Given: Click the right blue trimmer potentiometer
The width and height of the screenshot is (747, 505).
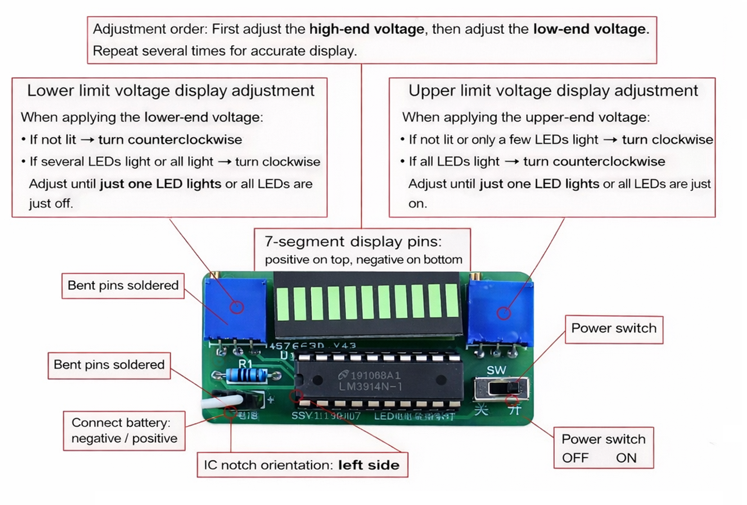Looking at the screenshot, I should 500,313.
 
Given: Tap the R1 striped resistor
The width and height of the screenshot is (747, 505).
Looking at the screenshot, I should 247,376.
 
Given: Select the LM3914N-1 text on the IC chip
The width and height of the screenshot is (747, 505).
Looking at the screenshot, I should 370,387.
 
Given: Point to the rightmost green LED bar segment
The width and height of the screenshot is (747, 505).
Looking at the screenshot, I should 452,300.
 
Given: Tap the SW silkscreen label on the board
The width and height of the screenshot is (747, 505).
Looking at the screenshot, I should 496,370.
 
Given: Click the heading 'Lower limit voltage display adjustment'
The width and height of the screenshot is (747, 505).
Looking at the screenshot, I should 171,91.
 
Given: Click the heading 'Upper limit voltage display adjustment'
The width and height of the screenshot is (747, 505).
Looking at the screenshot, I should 553,91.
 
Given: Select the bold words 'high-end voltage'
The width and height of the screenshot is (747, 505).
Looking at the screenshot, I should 366,29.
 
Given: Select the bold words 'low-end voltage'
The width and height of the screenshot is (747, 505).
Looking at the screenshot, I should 589,29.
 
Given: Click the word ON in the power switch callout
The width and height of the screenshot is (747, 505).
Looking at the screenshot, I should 626,458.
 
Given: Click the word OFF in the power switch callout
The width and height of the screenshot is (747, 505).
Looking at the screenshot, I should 575,458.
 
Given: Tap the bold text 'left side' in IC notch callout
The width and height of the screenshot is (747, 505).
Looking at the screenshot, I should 369,465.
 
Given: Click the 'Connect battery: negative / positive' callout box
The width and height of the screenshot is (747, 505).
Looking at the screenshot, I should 124,431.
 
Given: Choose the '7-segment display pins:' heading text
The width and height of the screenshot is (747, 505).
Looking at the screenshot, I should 353,242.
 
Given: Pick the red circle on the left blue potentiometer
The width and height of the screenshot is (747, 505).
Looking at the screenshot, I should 237,307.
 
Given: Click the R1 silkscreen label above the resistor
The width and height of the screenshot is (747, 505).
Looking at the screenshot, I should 245,364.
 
